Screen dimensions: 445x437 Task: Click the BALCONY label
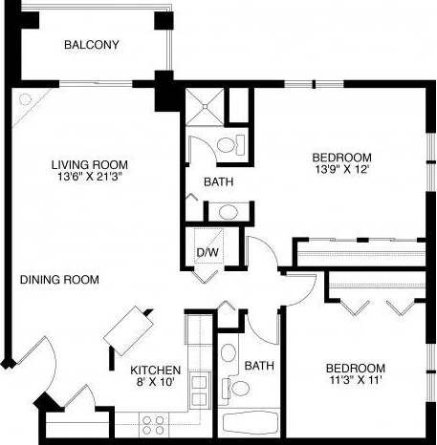coord(91,45)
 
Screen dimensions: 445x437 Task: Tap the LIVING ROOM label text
coord(90,163)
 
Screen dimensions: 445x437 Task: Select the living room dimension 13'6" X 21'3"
coord(90,176)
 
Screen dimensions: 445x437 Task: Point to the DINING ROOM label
coord(59,280)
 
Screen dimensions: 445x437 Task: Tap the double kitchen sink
coord(201,390)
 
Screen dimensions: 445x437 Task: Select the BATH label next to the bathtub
coord(258,366)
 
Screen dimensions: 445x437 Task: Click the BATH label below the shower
coord(219,181)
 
